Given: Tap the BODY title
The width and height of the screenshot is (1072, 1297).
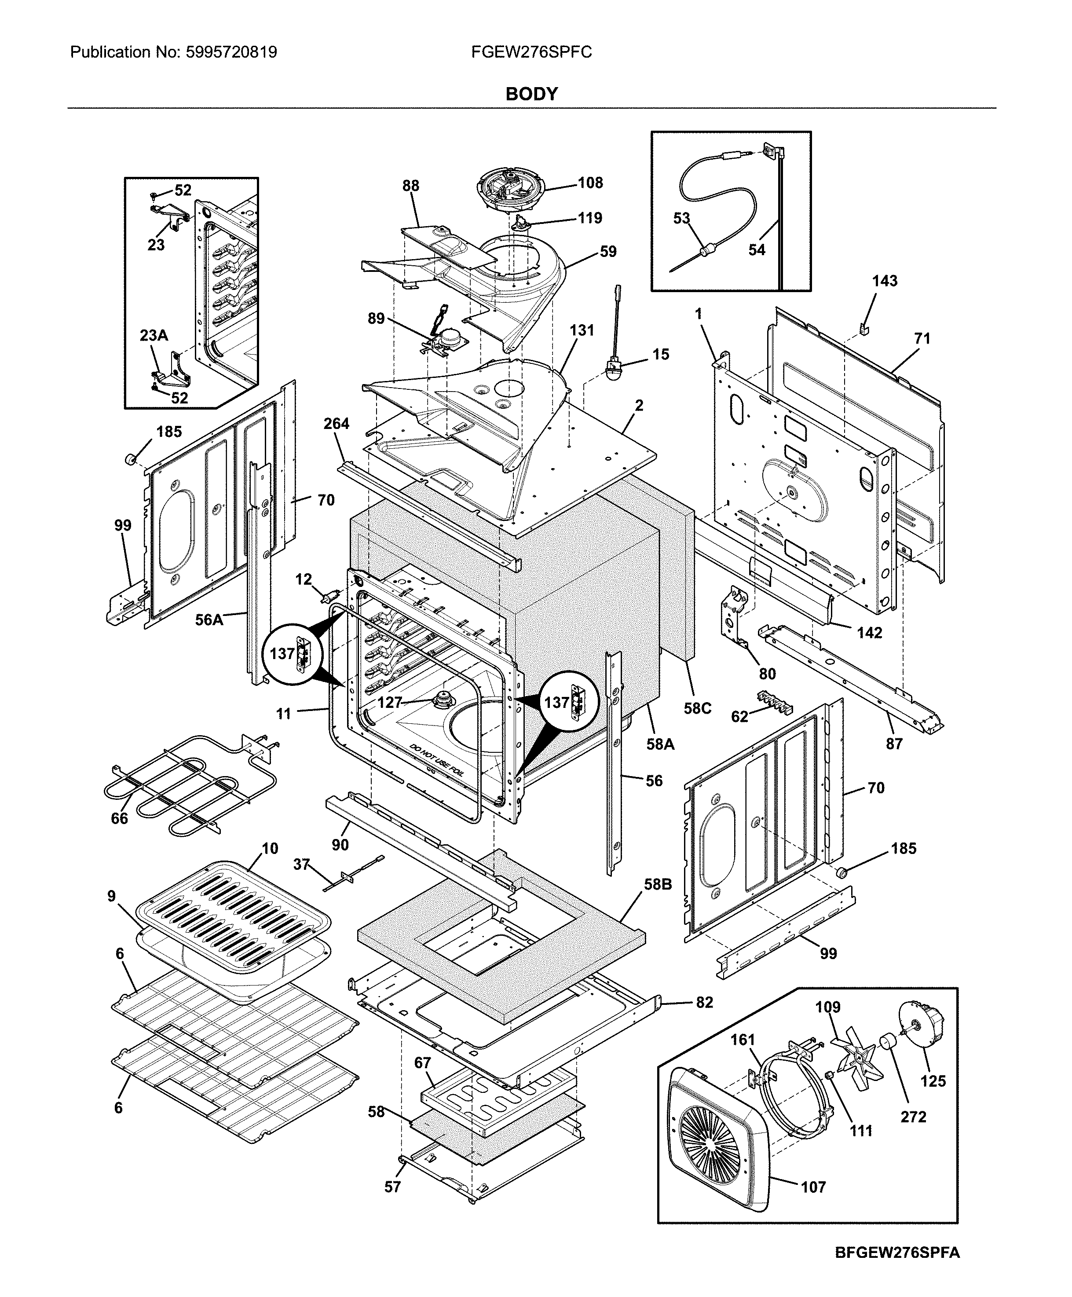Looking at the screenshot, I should (532, 94).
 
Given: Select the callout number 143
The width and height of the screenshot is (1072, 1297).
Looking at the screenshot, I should (884, 281).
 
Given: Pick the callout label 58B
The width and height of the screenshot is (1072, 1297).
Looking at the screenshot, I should (658, 884).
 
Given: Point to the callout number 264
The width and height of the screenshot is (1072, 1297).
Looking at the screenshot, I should (337, 424).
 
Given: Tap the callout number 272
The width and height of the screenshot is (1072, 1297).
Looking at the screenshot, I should (913, 1117).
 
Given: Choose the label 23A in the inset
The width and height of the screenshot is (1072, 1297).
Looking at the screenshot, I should (154, 335).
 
